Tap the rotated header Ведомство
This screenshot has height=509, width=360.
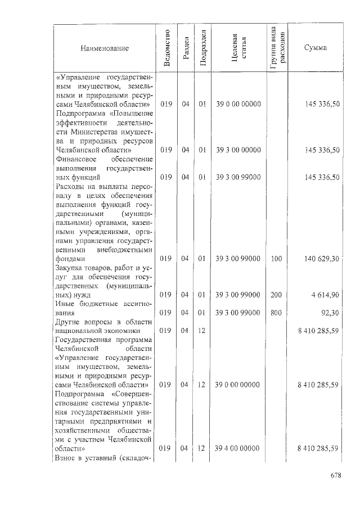[x=166, y=48]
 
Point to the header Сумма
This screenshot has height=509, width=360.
[x=315, y=48]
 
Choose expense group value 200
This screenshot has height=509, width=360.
[x=276, y=295]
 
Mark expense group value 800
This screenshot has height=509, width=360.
[x=276, y=313]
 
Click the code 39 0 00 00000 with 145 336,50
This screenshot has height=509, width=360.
[x=238, y=105]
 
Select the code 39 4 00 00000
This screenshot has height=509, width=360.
[x=238, y=448]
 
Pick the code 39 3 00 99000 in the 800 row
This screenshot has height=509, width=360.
[x=238, y=313]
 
